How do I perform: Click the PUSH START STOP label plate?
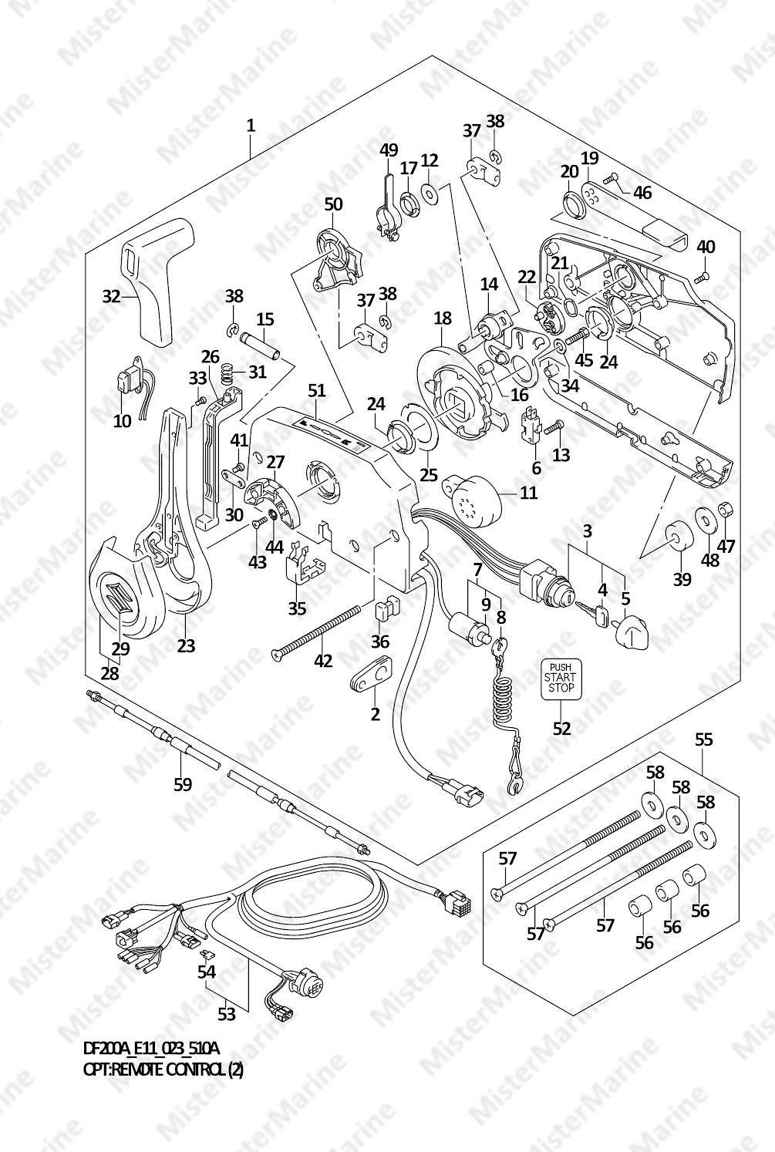[x=561, y=679]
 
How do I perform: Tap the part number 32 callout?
[x=113, y=295]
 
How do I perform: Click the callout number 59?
[x=182, y=784]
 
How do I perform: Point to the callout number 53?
[x=226, y=1014]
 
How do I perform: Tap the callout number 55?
[x=703, y=739]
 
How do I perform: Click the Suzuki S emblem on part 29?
[x=123, y=597]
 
